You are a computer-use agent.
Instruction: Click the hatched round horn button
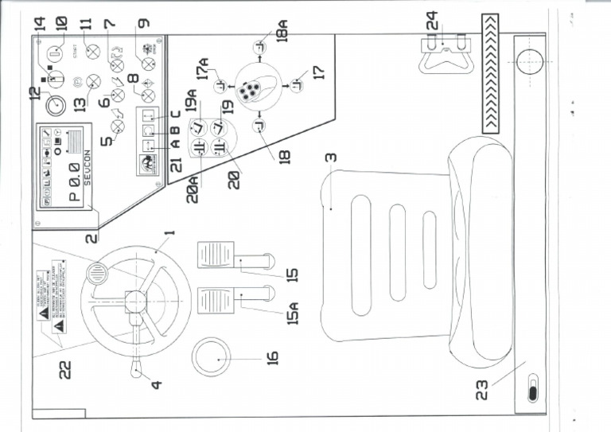click(x=96, y=274)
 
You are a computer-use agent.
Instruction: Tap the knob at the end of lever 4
click(x=138, y=368)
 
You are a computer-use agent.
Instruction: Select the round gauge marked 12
click(x=55, y=105)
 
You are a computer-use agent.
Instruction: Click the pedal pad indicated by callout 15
click(x=215, y=256)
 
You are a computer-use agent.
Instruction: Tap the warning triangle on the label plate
click(x=45, y=314)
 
